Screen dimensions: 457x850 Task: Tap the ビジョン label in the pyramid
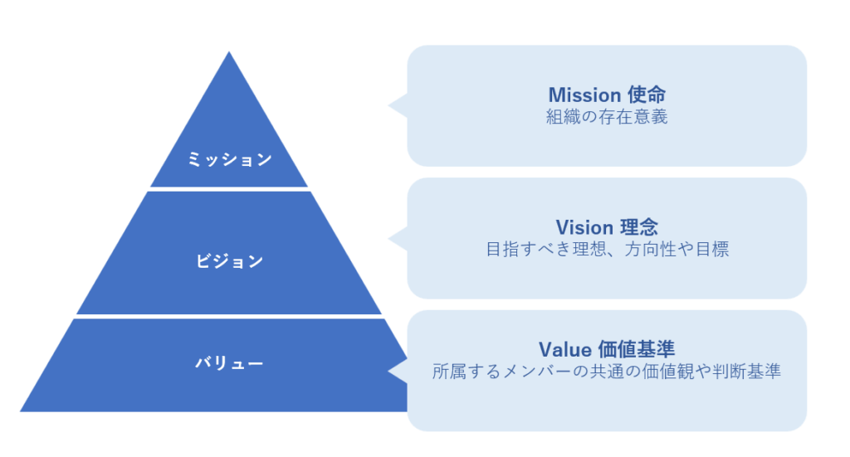point(229,261)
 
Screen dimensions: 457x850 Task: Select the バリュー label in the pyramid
point(229,362)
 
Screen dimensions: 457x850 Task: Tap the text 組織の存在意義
point(607,117)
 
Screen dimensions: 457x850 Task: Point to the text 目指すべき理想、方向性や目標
point(607,249)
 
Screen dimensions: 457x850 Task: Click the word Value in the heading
point(564,348)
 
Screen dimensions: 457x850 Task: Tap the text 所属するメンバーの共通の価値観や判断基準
point(607,371)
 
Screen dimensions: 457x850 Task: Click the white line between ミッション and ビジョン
point(229,189)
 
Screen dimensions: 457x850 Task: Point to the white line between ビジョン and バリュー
point(229,317)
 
